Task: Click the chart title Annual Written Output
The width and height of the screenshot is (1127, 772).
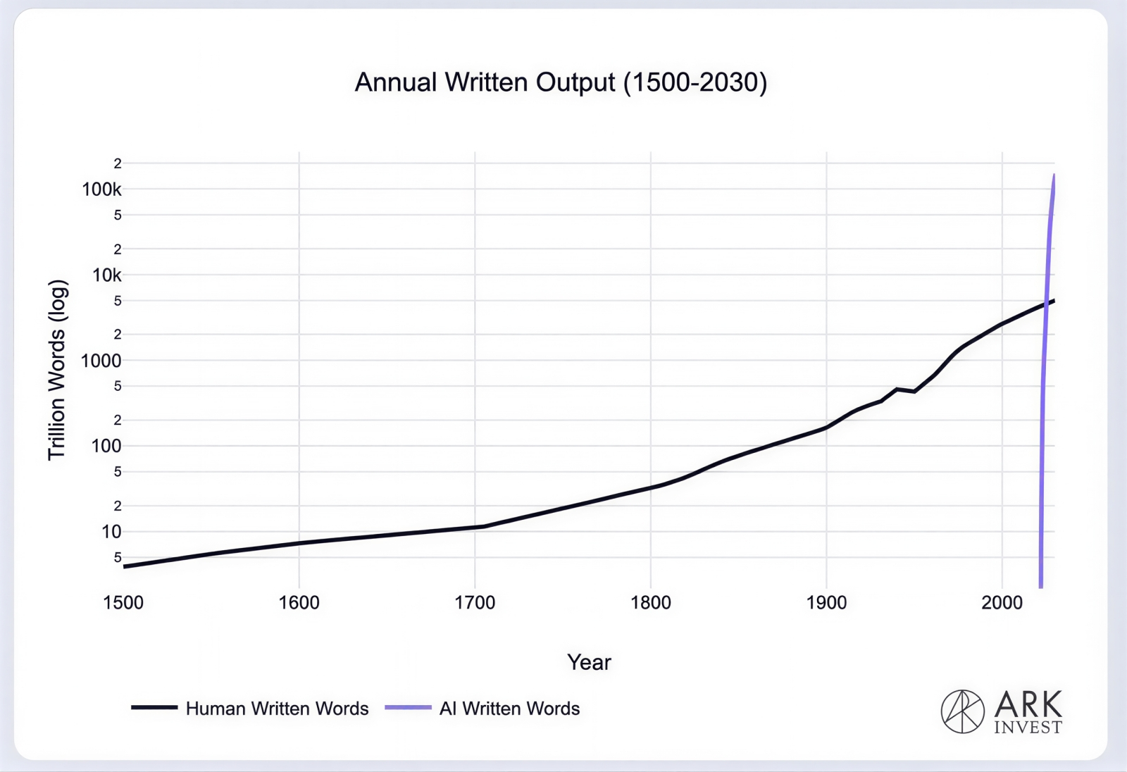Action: (561, 82)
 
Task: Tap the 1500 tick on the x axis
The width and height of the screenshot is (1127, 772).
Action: (123, 603)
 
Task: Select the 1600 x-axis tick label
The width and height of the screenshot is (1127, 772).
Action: (299, 603)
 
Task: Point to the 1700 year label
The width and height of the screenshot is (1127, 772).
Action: (475, 603)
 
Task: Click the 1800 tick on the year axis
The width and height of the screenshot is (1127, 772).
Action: (651, 603)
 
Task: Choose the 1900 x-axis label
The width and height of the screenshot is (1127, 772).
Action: (826, 603)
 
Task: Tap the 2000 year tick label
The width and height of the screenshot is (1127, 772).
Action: (1002, 603)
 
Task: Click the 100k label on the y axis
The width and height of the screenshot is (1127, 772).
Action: (102, 189)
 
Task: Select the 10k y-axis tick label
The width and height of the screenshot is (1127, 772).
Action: (107, 275)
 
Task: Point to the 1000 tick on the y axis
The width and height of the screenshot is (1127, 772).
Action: (101, 361)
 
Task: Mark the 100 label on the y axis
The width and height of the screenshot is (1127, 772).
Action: (106, 446)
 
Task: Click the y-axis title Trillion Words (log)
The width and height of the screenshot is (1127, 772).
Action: (57, 370)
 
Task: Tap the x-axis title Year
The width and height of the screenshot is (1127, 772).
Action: (589, 662)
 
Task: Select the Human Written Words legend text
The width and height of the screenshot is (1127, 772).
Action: (277, 709)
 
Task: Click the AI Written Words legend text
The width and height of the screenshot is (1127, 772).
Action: (509, 709)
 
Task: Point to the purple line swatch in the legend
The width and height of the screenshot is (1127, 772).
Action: (408, 707)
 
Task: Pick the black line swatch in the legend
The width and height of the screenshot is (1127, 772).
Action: (154, 707)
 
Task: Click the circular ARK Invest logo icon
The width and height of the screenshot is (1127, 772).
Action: (962, 711)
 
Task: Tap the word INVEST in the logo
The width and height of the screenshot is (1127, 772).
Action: (1028, 728)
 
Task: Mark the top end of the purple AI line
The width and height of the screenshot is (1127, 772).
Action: (1054, 175)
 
